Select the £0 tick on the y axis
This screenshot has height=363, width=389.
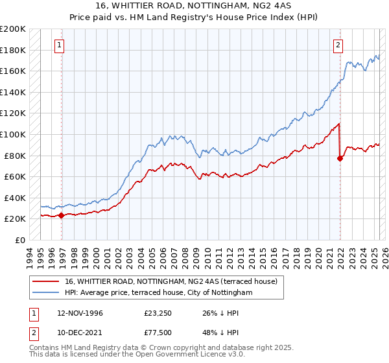click(20, 240)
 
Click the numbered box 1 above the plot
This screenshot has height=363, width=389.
click(59, 45)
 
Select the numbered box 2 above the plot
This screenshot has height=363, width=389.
click(338, 45)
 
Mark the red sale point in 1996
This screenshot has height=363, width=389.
click(62, 216)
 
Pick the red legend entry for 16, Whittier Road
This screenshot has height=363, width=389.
click(171, 281)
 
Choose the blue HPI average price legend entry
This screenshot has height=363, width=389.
click(158, 293)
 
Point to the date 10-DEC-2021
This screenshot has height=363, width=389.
click(81, 334)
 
